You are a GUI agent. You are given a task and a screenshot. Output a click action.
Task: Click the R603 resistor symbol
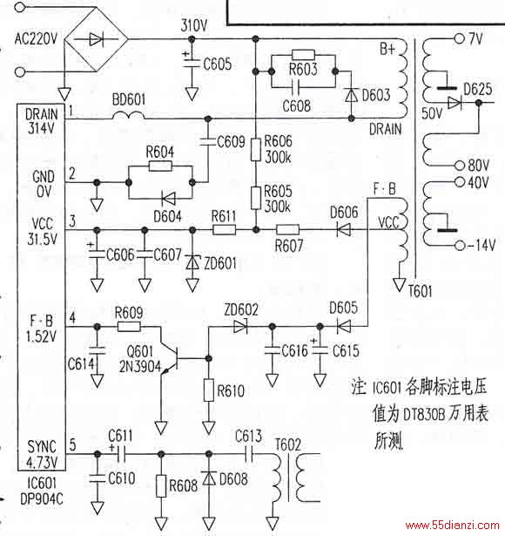[x=303, y=55]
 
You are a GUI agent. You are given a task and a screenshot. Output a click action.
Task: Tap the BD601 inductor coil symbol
[x=128, y=116]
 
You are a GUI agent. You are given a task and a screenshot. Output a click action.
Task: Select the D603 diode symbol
[x=351, y=95]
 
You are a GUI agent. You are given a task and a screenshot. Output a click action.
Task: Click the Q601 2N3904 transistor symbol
[x=169, y=359]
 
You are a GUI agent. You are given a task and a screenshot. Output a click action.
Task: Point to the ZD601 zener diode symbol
[x=192, y=262]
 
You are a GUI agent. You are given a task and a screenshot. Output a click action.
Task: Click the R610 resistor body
[x=209, y=390]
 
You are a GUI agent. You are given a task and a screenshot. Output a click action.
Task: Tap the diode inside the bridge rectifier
[x=96, y=39]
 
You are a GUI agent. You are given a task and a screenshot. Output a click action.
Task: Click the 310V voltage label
[x=193, y=25]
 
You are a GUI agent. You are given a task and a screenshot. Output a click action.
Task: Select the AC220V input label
[x=36, y=38]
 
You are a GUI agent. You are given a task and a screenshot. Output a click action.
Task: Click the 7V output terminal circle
[x=459, y=38]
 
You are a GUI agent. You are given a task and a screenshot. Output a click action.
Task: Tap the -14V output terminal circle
[x=461, y=246]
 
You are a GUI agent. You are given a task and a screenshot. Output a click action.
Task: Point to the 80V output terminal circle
[x=460, y=166]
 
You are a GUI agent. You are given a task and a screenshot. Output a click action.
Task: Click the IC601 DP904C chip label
[x=42, y=491]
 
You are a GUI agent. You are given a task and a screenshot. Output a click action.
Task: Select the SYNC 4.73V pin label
[x=42, y=454]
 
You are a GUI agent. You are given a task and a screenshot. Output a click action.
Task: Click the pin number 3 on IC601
[x=72, y=221]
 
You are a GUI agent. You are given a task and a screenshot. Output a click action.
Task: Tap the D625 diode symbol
[x=454, y=103]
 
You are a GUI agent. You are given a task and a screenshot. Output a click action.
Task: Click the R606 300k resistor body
[x=256, y=149]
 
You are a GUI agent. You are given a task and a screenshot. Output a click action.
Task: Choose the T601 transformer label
[x=421, y=292]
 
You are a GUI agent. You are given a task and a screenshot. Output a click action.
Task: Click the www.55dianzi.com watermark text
[x=452, y=526]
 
